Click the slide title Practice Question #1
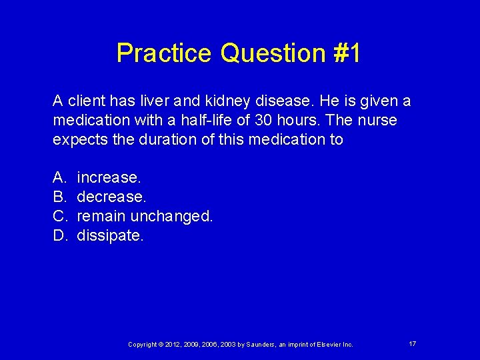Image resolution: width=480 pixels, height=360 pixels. (239, 53)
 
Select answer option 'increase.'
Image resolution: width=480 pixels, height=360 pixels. (109, 178)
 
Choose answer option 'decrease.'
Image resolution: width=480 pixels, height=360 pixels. (111, 197)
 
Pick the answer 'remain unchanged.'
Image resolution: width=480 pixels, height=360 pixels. (145, 216)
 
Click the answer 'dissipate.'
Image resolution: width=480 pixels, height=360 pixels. (110, 235)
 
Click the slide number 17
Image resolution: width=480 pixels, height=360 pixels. (413, 343)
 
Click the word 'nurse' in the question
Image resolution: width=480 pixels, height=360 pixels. (377, 121)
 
